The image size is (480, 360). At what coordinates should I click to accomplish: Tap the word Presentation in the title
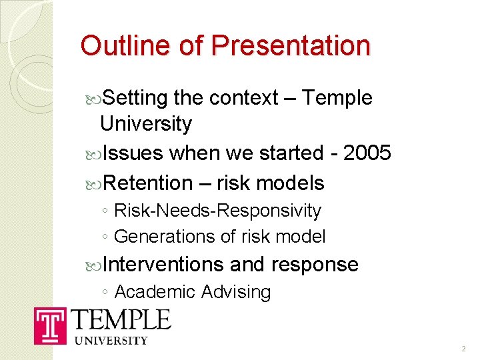tap(290, 45)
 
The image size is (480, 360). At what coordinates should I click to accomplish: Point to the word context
tap(243, 98)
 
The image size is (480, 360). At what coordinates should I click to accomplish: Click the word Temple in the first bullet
tap(337, 98)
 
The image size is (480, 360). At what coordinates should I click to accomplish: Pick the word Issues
tap(133, 153)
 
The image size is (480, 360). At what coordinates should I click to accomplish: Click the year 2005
tap(367, 153)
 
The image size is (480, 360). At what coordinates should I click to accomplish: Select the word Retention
tap(148, 183)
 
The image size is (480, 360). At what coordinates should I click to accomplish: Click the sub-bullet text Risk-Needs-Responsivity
tap(217, 211)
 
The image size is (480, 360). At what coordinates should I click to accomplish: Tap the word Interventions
tap(164, 265)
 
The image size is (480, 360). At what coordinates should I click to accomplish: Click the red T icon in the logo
tap(49, 327)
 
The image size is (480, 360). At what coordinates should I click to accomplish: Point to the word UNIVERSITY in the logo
tap(111, 340)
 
